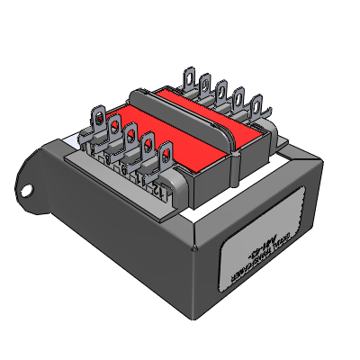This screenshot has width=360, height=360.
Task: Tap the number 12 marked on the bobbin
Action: (x=160, y=192)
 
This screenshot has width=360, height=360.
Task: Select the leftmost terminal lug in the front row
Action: (x=96, y=118)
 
